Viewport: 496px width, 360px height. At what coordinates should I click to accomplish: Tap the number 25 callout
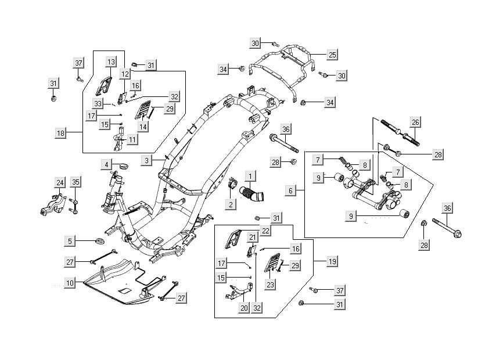pyautogui.click(x=332, y=55)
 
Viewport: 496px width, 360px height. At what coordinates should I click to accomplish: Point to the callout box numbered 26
pyautogui.click(x=415, y=123)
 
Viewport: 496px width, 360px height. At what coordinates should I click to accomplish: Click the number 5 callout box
pyautogui.click(x=70, y=240)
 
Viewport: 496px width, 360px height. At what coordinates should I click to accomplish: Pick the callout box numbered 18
pyautogui.click(x=60, y=133)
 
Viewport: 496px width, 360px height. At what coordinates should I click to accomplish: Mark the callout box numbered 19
pyautogui.click(x=332, y=262)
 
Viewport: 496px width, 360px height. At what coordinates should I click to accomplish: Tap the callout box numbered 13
pyautogui.click(x=111, y=62)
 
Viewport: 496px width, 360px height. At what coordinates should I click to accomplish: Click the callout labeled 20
pyautogui.click(x=244, y=308)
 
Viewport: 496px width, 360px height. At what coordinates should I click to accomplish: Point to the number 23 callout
pyautogui.click(x=271, y=285)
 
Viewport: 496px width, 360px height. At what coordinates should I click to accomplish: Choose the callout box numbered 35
pyautogui.click(x=76, y=182)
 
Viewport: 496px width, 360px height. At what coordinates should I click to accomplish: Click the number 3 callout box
pyautogui.click(x=148, y=159)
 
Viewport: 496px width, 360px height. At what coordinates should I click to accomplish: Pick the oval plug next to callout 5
pyautogui.click(x=99, y=240)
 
